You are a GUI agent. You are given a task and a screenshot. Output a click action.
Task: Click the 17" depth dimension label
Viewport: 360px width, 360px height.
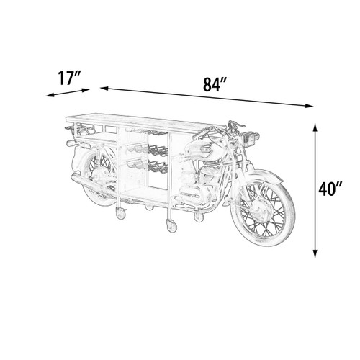pyautogui.click(x=69, y=78)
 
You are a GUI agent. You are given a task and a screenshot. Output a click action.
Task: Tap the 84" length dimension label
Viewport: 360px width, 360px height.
pyautogui.click(x=215, y=84)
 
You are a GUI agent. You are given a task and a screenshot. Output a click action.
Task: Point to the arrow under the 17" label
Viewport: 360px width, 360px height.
pyautogui.click(x=68, y=93)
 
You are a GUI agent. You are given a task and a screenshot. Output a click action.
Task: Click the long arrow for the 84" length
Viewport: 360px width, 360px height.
pyautogui.click(x=207, y=96)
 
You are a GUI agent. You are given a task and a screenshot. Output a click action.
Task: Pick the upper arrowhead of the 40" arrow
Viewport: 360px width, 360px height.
pyautogui.click(x=315, y=127)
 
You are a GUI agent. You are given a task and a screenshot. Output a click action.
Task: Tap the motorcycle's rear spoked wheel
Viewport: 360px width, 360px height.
pyautogui.click(x=99, y=178)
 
